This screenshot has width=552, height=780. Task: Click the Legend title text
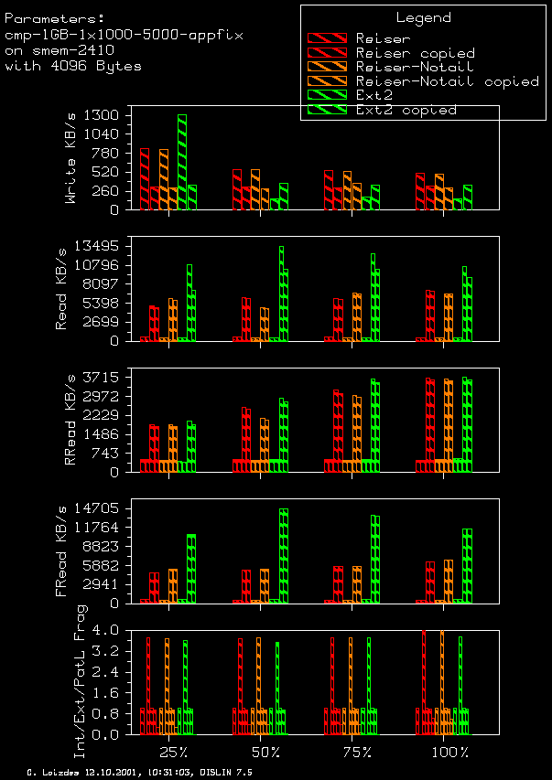coord(423,17)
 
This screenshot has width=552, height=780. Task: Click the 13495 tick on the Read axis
coord(100,246)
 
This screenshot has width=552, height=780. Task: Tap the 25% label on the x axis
coord(174,753)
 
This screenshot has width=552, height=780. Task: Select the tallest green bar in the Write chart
coord(182,162)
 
